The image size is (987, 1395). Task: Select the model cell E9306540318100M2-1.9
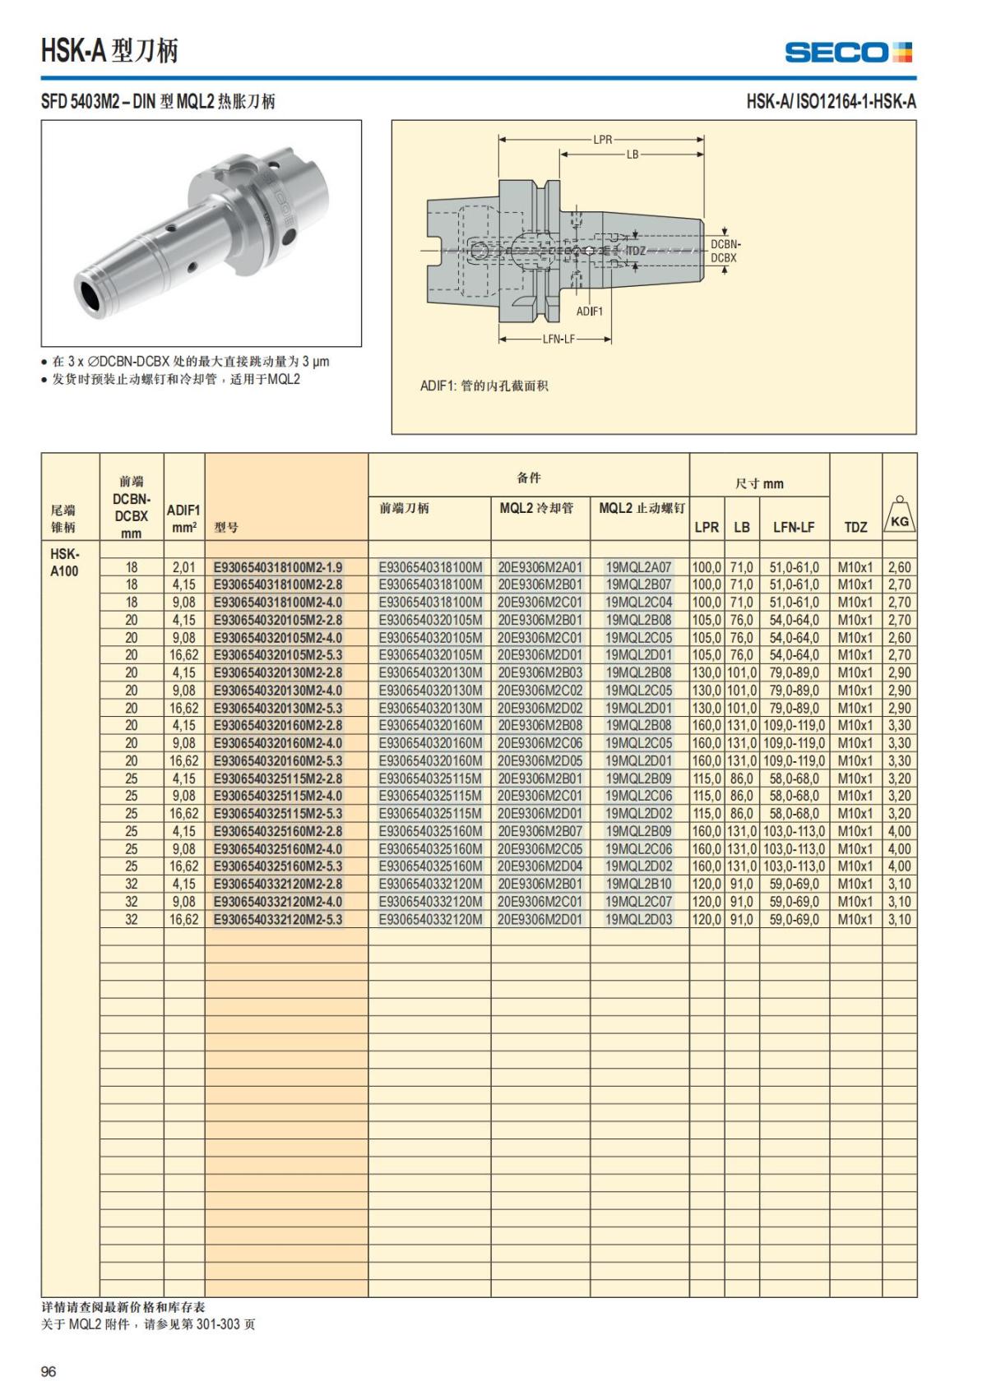pos(278,567)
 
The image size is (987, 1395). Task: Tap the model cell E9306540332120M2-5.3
pos(278,919)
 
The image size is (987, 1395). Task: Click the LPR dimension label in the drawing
pos(603,140)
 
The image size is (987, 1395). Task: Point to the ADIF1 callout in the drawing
pos(589,312)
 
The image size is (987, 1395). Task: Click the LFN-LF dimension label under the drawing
pos(558,339)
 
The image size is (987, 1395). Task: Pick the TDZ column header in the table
pos(855,527)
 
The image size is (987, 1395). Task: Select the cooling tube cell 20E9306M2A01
pos(540,567)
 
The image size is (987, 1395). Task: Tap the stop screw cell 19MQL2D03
pos(638,919)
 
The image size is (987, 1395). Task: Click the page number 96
pos(49,1371)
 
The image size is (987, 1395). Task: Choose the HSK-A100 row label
pos(64,562)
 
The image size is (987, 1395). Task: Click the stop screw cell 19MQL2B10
pos(638,884)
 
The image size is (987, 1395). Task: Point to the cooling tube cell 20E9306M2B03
pos(540,672)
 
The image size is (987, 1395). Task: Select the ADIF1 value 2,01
pos(183,567)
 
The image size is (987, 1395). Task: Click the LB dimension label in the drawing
pos(632,155)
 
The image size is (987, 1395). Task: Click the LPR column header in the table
pos(707,527)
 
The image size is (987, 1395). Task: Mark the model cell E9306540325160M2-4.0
pos(278,848)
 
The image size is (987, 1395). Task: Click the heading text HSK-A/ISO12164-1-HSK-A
pos(831,102)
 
